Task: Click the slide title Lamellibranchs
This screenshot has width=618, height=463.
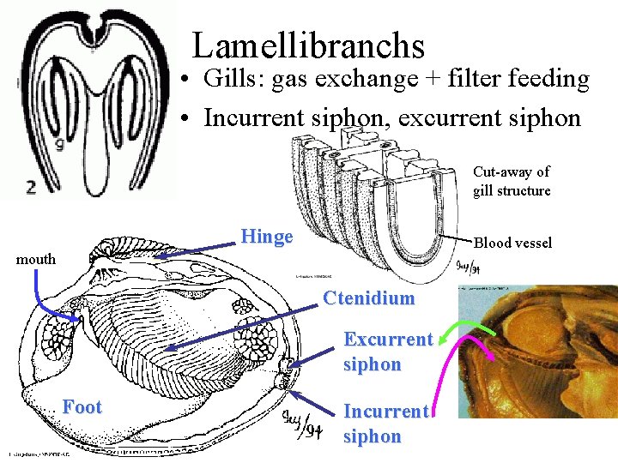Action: [308, 45]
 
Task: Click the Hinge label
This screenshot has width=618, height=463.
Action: [267, 237]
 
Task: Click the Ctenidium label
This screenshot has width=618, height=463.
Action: [368, 298]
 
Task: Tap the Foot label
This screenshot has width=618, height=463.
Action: [82, 406]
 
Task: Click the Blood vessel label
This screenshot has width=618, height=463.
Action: [513, 243]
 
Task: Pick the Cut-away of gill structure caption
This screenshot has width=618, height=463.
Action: [512, 181]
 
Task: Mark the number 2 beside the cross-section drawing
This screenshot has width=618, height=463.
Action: [31, 186]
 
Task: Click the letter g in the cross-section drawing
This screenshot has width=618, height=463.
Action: [59, 143]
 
